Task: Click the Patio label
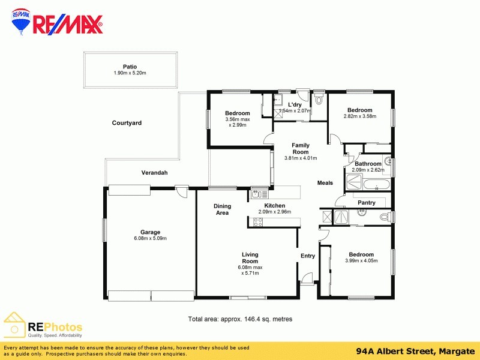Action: pyautogui.click(x=130, y=67)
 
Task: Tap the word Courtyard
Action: pyautogui.click(x=127, y=123)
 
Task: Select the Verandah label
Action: pyautogui.click(x=154, y=173)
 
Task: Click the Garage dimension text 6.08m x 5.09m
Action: pyautogui.click(x=150, y=239)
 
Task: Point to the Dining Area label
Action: pyautogui.click(x=222, y=209)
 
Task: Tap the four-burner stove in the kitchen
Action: pyautogui.click(x=258, y=221)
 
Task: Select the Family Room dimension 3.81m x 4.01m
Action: pyautogui.click(x=301, y=158)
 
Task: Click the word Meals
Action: pyautogui.click(x=325, y=183)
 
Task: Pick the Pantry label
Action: pyautogui.click(x=366, y=203)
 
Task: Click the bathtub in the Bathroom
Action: pyautogui.click(x=367, y=185)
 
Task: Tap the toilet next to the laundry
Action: pyautogui.click(x=319, y=100)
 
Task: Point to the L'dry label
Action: pyautogui.click(x=295, y=105)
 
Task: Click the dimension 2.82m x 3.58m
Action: pyautogui.click(x=359, y=116)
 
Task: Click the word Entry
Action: pyautogui.click(x=307, y=256)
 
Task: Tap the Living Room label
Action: pyautogui.click(x=250, y=257)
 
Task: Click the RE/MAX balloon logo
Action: pyautogui.click(x=22, y=23)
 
